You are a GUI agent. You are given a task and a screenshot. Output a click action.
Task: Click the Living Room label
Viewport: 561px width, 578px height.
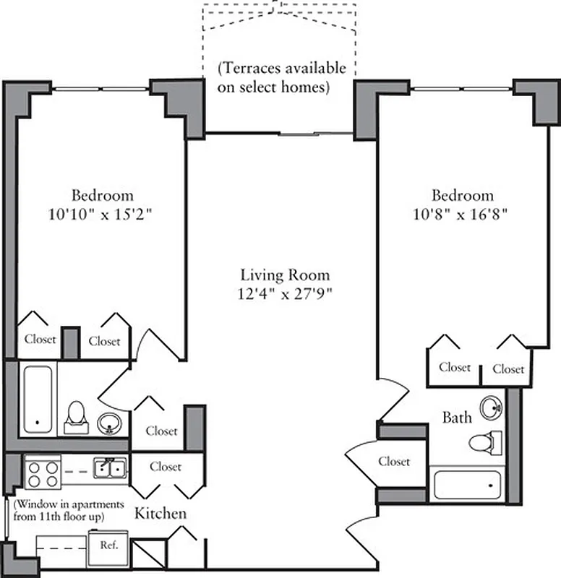click(285, 275)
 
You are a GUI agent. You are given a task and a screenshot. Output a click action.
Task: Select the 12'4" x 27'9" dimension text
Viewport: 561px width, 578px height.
click(285, 293)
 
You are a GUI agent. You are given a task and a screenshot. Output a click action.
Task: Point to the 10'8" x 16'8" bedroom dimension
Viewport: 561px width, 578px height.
click(463, 214)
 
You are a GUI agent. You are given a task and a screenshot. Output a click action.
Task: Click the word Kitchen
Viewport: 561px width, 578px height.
click(160, 514)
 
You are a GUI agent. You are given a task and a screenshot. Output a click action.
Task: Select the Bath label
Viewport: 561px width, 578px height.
click(457, 417)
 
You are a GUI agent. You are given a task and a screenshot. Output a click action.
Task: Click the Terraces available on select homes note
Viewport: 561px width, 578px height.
click(282, 78)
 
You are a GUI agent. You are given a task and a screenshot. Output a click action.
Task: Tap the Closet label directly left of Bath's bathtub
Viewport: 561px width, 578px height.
click(394, 461)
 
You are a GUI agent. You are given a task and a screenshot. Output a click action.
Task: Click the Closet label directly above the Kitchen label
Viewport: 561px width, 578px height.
click(166, 467)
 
